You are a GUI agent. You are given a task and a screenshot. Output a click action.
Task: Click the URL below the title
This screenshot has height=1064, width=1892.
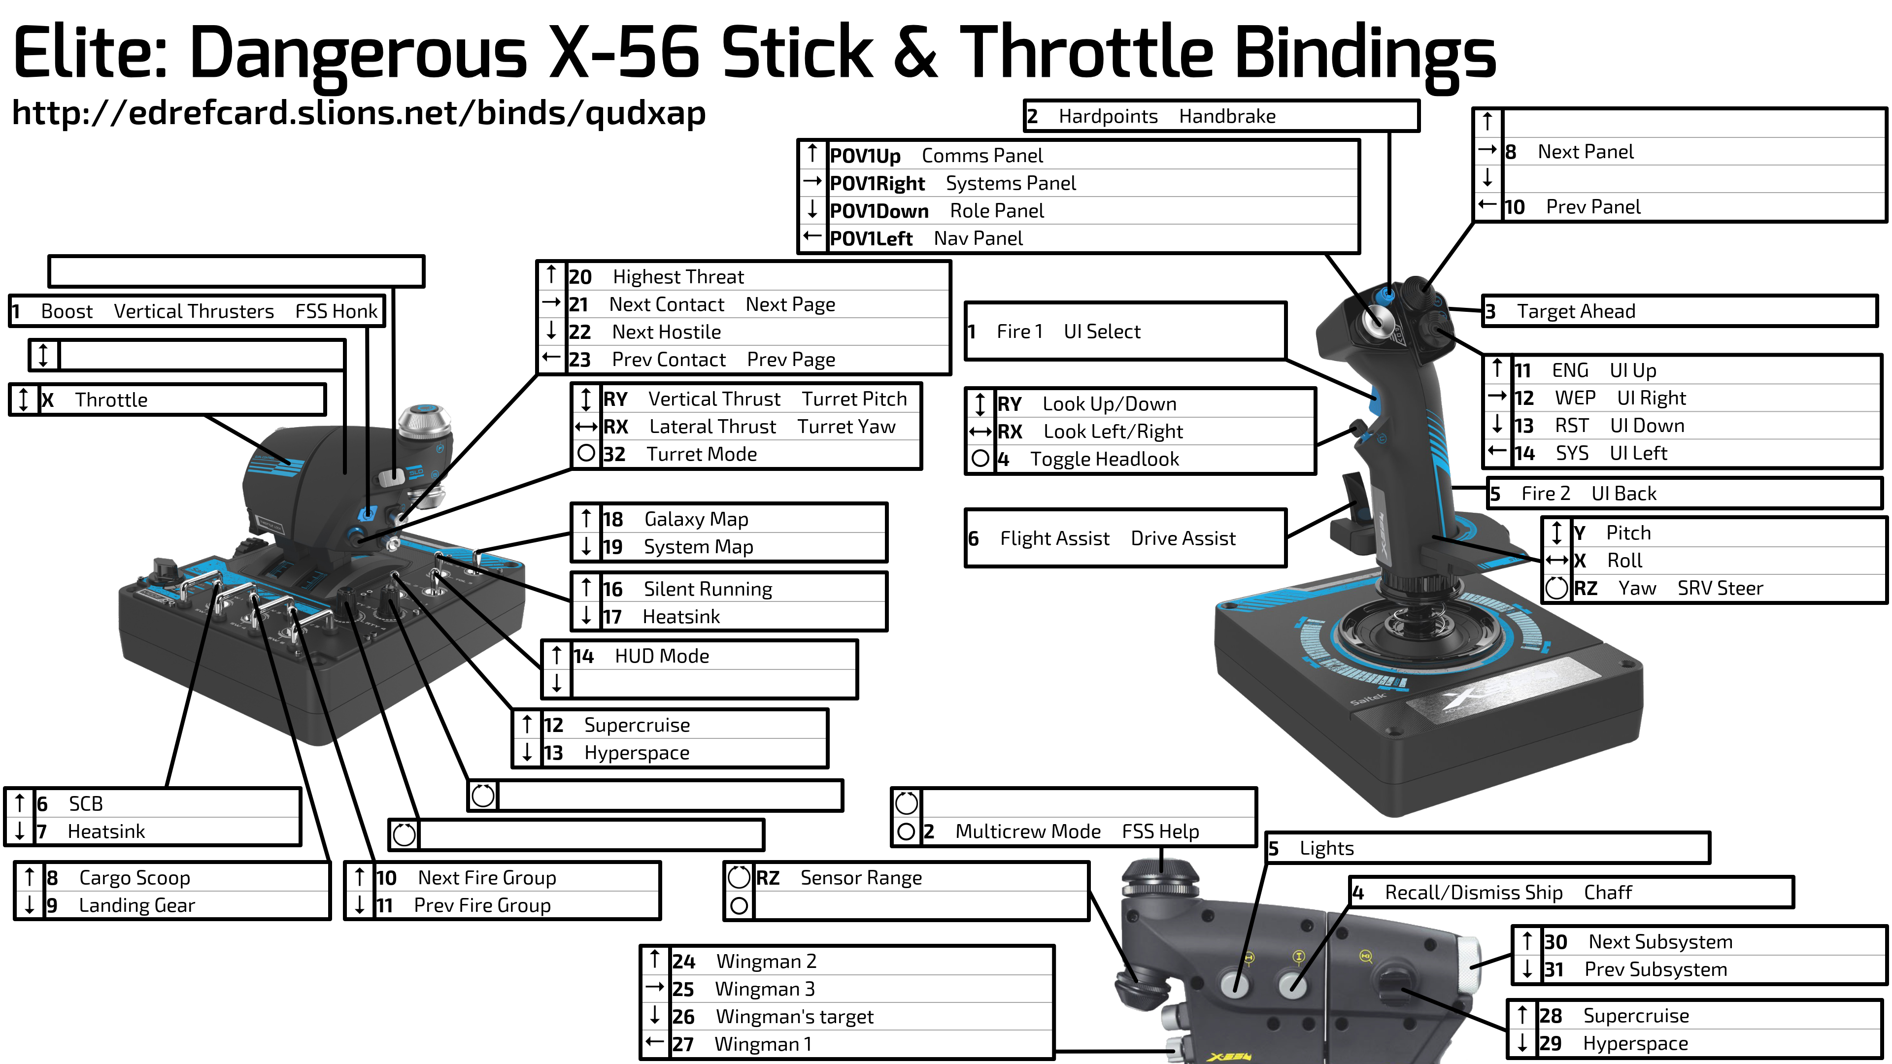tap(358, 114)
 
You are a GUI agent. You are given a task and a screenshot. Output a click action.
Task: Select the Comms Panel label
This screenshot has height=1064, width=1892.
tap(982, 156)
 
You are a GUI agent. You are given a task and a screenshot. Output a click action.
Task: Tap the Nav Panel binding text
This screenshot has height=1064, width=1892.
tap(978, 238)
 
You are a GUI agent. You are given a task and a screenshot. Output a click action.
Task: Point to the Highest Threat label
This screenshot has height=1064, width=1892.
tap(678, 277)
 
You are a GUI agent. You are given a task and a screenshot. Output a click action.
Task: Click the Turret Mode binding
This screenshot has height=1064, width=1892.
tap(702, 455)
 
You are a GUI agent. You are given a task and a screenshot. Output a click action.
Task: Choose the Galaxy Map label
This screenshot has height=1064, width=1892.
tap(696, 519)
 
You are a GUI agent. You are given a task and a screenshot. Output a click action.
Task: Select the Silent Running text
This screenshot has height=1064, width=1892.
tap(708, 589)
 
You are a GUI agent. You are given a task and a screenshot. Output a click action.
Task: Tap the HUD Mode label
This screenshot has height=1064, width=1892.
tap(662, 657)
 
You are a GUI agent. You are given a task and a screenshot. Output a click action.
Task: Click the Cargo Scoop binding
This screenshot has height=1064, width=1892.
tap(135, 878)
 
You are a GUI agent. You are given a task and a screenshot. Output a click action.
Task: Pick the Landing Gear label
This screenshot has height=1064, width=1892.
tap(136, 905)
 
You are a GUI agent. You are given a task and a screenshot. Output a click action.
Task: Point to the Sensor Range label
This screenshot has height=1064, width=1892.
tap(861, 878)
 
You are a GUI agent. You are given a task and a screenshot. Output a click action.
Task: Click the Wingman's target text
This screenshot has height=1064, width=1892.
tap(795, 1017)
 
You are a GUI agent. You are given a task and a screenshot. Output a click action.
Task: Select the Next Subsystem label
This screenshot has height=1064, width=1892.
tap(1660, 942)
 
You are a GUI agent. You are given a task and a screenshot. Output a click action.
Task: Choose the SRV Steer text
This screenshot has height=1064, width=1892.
tap(1720, 588)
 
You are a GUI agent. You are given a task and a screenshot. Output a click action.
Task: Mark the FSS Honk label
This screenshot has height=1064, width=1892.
tap(337, 311)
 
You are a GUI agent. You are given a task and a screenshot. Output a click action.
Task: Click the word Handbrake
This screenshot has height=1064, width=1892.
tap(1227, 117)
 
